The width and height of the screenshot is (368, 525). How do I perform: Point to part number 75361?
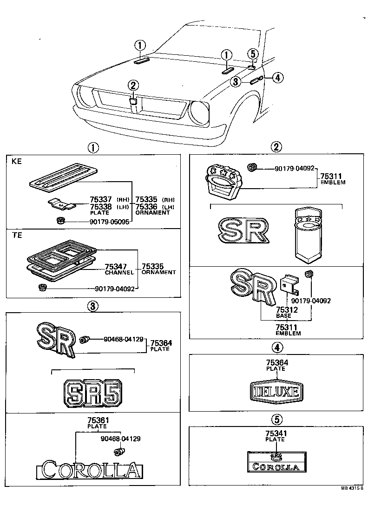click(x=97, y=420)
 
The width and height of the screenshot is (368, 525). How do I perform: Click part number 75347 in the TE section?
click(x=116, y=266)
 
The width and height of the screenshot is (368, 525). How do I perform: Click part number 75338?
click(x=100, y=207)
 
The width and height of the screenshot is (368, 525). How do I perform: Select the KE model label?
click(x=16, y=162)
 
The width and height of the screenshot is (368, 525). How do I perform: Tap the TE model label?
click(x=16, y=236)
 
